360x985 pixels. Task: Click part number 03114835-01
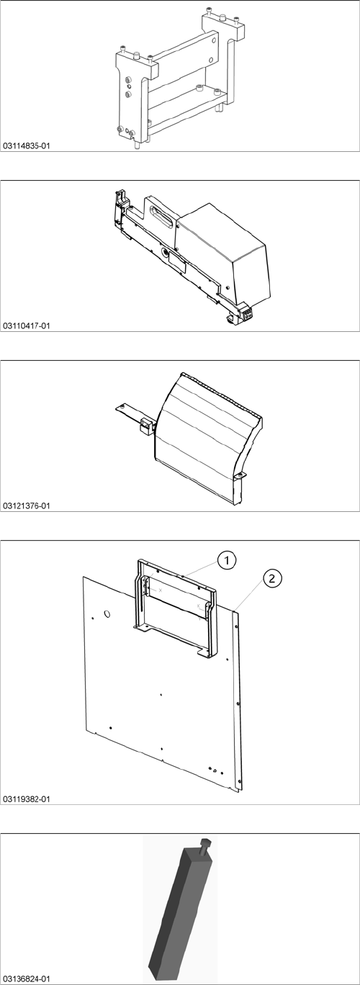click(27, 145)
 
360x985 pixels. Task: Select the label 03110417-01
click(27, 326)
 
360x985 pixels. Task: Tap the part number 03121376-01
click(27, 505)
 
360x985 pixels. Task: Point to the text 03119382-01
click(27, 799)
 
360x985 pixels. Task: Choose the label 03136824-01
click(27, 979)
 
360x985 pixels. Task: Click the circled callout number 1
click(226, 560)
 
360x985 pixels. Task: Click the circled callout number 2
click(272, 578)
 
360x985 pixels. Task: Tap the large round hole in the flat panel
click(107, 613)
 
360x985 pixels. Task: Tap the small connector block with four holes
click(248, 313)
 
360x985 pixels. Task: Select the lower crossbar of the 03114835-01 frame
click(186, 112)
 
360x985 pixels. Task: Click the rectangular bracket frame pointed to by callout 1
click(176, 611)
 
